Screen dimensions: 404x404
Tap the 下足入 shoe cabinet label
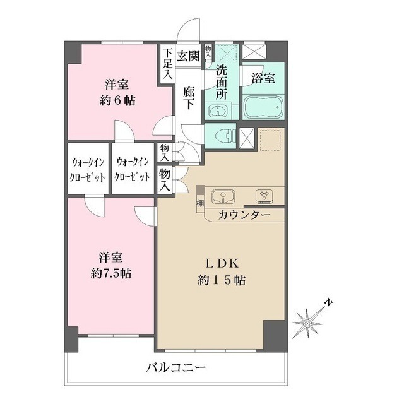[167, 64]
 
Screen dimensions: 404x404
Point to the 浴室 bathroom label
[263, 79]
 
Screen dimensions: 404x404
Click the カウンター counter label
[244, 215]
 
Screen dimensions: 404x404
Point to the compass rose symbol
[307, 323]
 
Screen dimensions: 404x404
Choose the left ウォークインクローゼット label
[88, 169]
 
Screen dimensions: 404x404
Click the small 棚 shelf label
[199, 203]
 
